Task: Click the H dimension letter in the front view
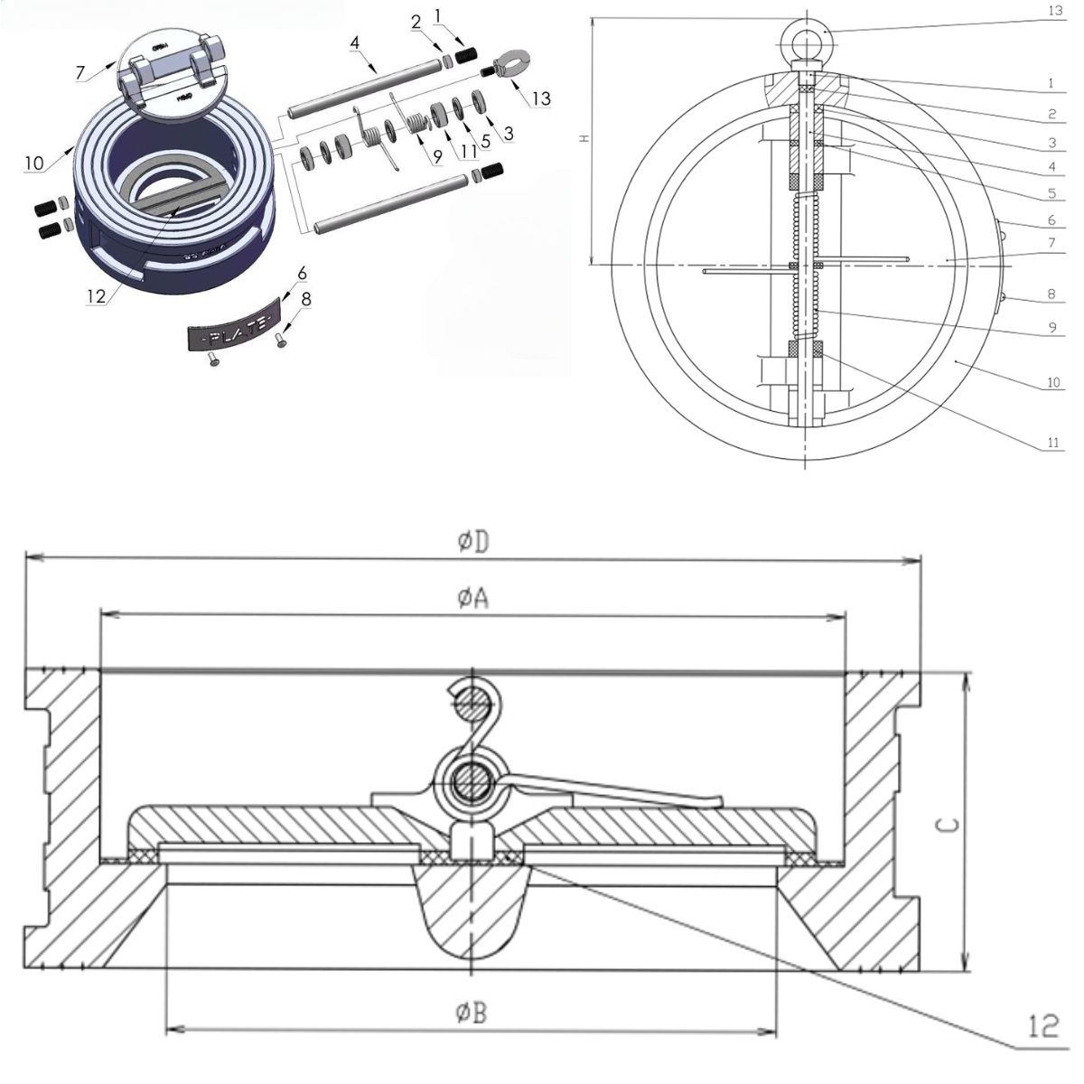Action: point(584,139)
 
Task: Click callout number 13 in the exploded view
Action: point(540,98)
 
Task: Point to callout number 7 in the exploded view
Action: point(80,71)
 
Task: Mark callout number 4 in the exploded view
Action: point(355,42)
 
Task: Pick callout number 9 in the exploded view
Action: point(437,156)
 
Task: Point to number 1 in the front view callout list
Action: point(1052,82)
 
